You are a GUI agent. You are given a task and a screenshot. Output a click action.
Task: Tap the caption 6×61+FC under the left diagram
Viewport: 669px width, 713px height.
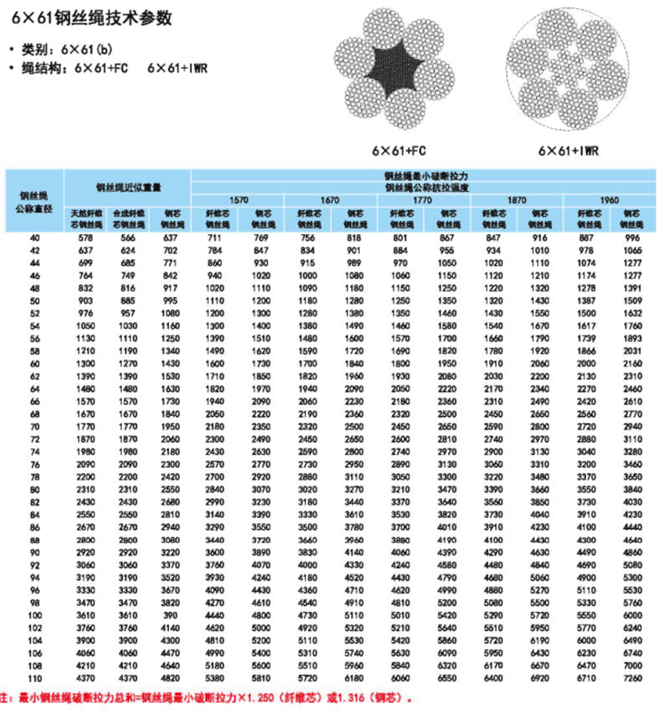pos(400,151)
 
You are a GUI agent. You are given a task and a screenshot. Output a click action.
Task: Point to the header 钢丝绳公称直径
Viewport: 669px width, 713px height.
pos(33,201)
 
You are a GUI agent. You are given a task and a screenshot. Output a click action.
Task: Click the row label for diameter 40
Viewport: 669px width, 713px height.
pos(34,239)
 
